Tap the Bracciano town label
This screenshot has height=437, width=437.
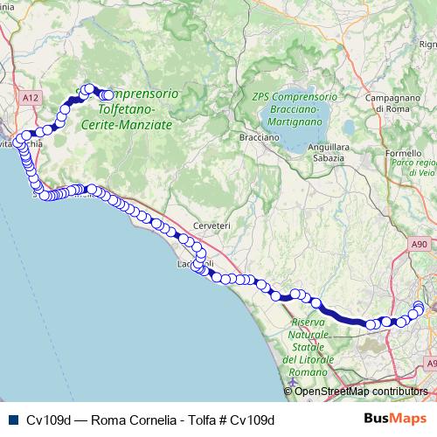259,138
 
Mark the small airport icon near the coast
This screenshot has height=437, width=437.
292,382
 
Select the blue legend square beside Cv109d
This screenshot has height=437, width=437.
11,419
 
